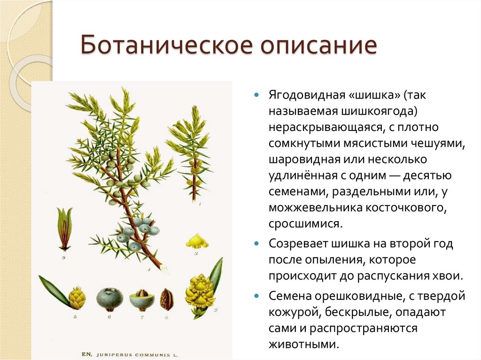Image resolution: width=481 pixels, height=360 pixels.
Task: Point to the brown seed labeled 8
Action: (166, 299)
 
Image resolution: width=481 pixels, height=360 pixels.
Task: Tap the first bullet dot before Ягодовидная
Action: (256, 94)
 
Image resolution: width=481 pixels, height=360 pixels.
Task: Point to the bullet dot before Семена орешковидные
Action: (256, 297)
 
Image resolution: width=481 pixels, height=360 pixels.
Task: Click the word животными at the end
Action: (303, 344)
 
